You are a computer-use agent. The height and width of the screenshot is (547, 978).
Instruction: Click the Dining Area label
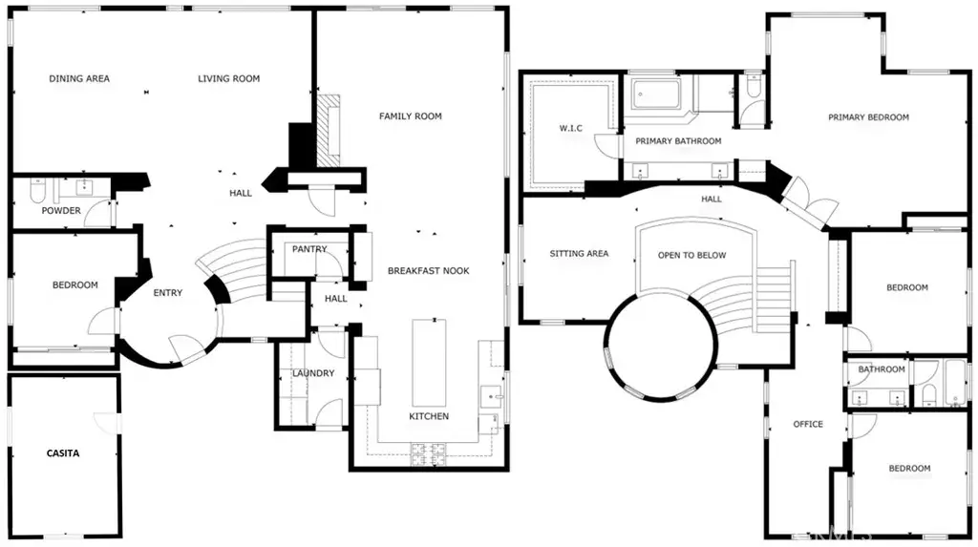pos(79,78)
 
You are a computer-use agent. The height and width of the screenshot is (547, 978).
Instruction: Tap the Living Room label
pos(229,78)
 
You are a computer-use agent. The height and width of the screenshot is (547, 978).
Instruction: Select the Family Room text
pos(411,116)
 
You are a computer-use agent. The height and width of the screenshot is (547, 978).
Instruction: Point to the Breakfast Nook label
pos(429,271)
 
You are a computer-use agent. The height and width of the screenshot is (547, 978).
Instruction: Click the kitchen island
pos(429,363)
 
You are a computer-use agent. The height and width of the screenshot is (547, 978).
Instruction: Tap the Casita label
pos(63,453)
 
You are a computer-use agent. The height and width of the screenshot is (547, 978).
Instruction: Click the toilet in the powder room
pos(38,190)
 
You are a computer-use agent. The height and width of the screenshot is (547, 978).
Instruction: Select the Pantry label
pos(309,249)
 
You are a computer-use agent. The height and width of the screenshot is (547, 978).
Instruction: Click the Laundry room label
pos(313,373)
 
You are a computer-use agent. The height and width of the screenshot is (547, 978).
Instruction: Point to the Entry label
pos(168,292)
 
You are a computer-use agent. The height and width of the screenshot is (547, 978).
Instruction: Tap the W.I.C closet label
pos(571,129)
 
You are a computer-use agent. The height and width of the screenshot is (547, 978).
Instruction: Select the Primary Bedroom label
pos(868,117)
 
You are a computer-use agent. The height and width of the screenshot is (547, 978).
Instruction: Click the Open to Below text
pos(691,255)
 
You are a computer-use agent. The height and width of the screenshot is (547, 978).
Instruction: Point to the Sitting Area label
pos(579,253)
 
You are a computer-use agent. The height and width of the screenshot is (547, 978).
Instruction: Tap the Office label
pos(808,424)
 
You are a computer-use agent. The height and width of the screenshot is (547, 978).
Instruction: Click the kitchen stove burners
pos(428,454)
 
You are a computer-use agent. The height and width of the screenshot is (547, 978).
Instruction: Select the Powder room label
pos(61,211)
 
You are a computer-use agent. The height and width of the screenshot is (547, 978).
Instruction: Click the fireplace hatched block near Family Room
pos(330,131)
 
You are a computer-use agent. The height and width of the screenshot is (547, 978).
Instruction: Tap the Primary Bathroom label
pos(678,141)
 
